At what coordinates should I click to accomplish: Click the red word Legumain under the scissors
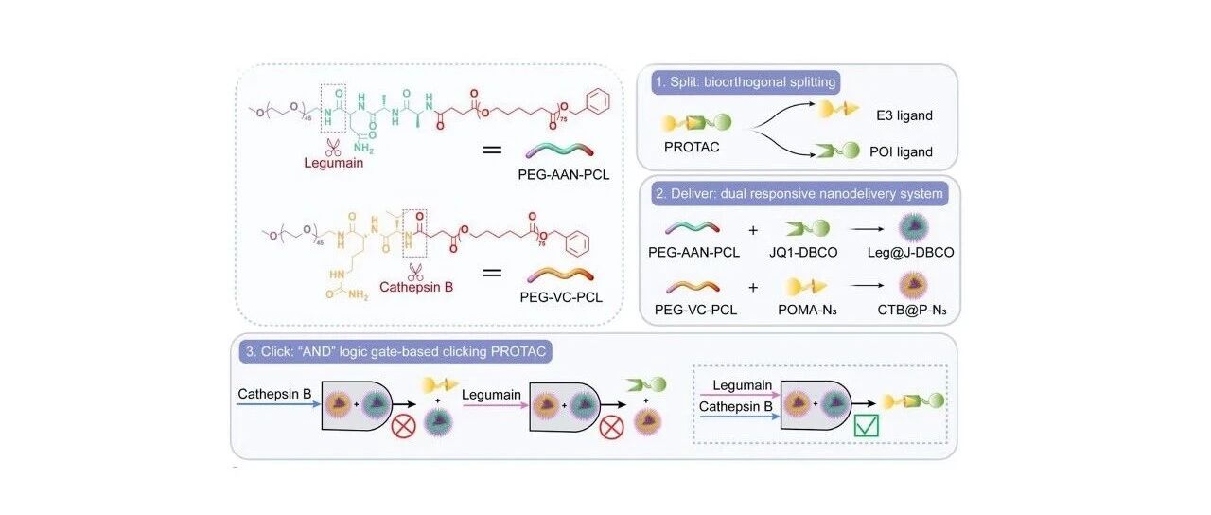tap(334, 163)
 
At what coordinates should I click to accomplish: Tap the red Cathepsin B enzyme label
tap(416, 287)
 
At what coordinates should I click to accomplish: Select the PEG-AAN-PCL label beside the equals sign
tap(563, 175)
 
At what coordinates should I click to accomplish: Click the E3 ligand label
tap(904, 115)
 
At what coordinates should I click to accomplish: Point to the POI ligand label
tap(901, 152)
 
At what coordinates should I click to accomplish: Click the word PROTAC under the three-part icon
tap(692, 147)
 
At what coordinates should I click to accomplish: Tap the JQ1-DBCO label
tap(803, 252)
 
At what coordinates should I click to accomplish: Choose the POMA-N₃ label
tap(807, 310)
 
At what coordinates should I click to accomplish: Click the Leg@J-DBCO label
tap(910, 252)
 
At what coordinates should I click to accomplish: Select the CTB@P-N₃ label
tap(911, 310)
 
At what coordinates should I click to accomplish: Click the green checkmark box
tap(866, 425)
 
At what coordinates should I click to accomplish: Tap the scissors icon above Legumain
tap(333, 147)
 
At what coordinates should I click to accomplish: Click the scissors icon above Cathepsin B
tap(415, 272)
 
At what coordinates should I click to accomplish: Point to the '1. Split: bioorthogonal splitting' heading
tap(746, 82)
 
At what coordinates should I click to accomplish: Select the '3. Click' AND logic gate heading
tap(395, 351)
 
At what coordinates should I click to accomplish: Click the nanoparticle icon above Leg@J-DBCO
tap(914, 227)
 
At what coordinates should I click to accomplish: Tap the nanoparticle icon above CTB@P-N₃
tap(913, 285)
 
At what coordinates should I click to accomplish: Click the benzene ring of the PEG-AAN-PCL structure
tap(597, 101)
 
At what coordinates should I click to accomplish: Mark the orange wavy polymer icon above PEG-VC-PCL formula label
tap(561, 275)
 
